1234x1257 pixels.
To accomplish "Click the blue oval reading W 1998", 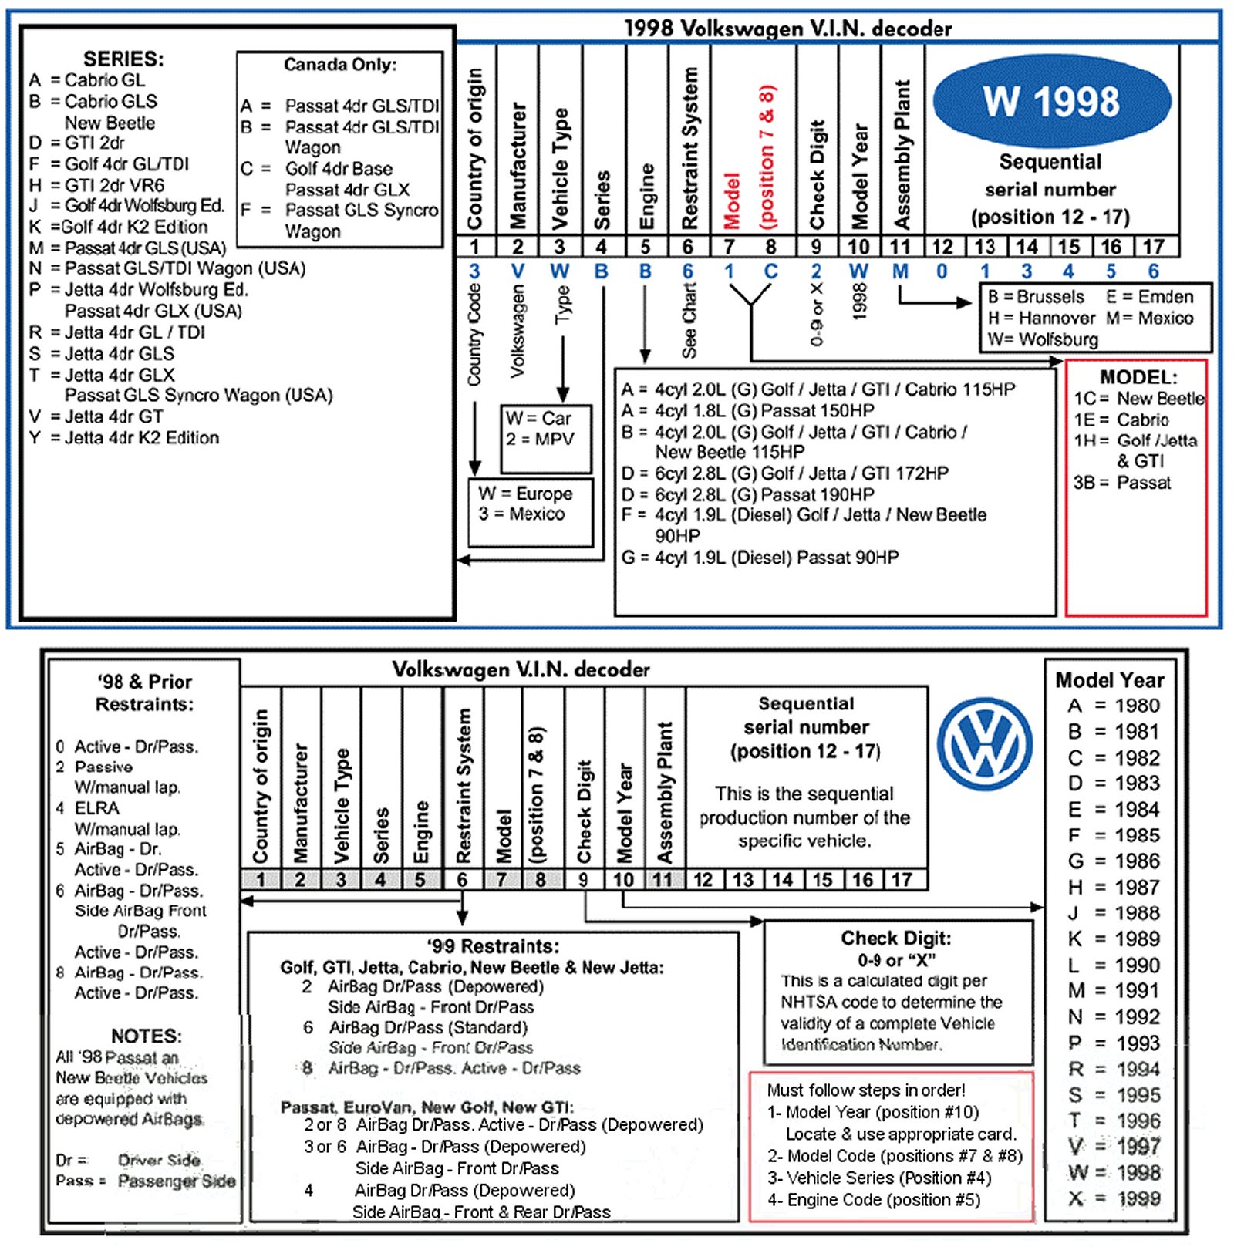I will click(x=1051, y=101).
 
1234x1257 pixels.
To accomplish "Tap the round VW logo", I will click(x=985, y=743).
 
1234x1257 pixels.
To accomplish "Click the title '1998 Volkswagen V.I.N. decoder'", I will click(x=787, y=29).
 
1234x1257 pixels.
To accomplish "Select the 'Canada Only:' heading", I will click(x=340, y=65).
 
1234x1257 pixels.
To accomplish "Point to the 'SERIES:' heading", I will click(x=123, y=59).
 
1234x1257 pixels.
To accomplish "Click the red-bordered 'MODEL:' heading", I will click(x=1138, y=377).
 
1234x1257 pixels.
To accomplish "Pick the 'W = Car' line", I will click(x=538, y=418).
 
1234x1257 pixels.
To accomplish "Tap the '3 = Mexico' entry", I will click(x=521, y=514).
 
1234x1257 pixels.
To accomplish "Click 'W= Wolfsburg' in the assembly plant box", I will click(x=1043, y=339).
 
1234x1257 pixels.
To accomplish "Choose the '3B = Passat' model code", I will click(x=1122, y=483).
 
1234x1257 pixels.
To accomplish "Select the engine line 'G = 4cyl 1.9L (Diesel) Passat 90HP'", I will click(x=760, y=558).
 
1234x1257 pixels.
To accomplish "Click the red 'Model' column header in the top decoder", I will click(x=731, y=201).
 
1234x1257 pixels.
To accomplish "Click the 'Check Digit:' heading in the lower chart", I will click(x=895, y=938).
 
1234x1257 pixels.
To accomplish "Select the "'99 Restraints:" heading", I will click(x=493, y=946).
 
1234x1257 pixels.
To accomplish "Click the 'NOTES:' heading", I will click(x=146, y=1036).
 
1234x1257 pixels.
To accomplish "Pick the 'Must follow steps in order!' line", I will click(x=865, y=1090).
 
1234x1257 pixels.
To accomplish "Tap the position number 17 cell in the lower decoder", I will click(x=902, y=880).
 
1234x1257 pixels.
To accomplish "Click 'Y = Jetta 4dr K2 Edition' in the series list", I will click(x=124, y=438).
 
